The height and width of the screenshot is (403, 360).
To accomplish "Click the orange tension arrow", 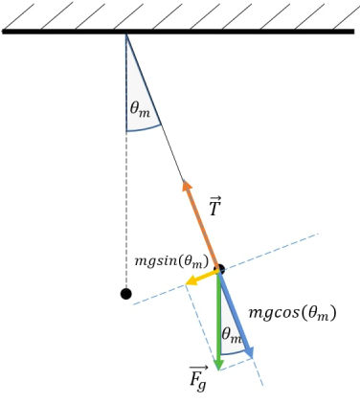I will click(x=202, y=224).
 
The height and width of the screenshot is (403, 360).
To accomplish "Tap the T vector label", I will click(x=215, y=206).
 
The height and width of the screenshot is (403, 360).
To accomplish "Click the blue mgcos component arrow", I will click(x=236, y=315).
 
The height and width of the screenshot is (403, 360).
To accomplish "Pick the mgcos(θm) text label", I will click(x=292, y=313).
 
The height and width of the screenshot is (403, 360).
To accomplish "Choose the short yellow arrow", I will click(x=201, y=279).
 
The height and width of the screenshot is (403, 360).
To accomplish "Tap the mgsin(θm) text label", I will click(x=171, y=260).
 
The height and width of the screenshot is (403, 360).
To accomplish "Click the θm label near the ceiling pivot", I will click(x=140, y=109).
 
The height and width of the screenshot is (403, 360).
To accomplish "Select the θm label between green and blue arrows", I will click(x=231, y=335).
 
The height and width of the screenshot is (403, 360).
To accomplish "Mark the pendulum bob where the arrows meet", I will click(x=219, y=270).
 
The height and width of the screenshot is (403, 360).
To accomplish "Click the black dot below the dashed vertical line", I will click(x=125, y=294).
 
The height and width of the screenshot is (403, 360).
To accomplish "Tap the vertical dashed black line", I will click(x=125, y=211).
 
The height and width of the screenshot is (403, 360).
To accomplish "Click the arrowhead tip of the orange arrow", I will click(x=186, y=182).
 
